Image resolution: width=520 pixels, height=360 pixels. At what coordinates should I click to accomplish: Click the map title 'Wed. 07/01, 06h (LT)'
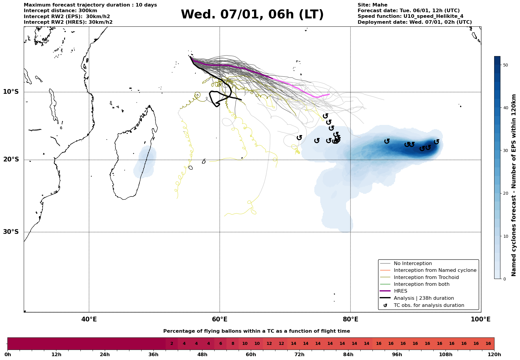pos(252,15)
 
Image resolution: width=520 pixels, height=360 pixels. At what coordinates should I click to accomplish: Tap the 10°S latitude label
pos(11,92)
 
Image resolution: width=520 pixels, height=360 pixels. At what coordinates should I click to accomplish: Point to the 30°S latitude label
pos(11,232)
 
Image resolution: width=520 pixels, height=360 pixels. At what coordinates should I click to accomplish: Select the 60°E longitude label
pos(220,319)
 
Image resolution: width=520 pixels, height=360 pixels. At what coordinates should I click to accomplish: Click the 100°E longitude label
pos(481,319)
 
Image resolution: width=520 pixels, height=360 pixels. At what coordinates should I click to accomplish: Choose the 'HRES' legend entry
pos(400,291)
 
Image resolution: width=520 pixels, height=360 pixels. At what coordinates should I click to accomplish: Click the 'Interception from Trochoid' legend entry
pos(426,277)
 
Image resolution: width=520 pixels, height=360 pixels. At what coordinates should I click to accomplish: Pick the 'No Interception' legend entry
pos(413,264)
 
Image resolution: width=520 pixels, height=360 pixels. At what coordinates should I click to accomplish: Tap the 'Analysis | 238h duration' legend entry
pos(424,298)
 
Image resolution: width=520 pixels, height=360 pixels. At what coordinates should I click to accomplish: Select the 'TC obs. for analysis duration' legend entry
pos(429,305)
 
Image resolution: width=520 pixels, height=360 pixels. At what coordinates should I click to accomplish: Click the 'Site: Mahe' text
pos(372,5)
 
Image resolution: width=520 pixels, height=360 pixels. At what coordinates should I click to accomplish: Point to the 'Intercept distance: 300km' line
pos(60,11)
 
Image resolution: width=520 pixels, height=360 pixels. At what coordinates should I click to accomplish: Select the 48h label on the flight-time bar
pos(202,355)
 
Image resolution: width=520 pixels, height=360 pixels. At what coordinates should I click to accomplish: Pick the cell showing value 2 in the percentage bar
pos(172,344)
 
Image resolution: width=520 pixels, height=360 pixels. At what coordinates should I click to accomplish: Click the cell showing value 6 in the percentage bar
pos(220,344)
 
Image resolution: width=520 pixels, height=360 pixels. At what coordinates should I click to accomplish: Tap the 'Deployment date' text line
pos(414,22)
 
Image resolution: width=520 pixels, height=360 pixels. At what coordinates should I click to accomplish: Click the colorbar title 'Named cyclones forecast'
pos(514,185)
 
